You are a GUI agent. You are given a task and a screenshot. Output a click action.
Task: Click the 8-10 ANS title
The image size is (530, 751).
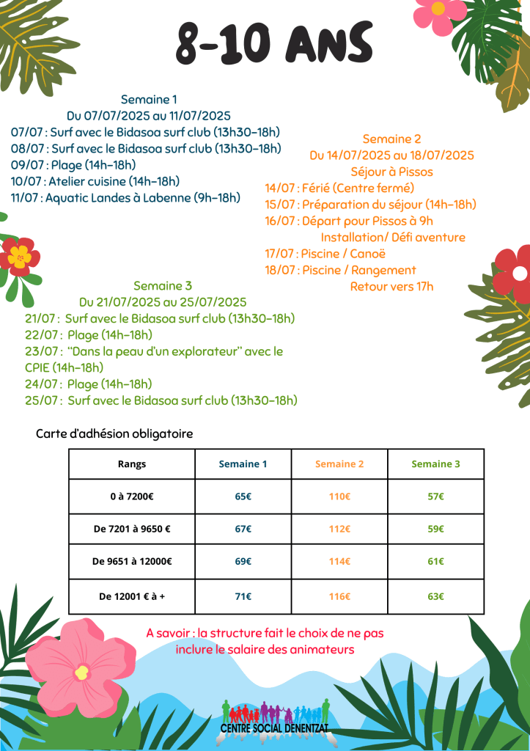pyautogui.click(x=273, y=43)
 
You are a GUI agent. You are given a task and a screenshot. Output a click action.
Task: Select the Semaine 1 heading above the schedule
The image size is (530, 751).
pyautogui.click(x=149, y=99)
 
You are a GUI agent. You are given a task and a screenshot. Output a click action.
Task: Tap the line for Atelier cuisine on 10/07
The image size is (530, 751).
pyautogui.click(x=95, y=181)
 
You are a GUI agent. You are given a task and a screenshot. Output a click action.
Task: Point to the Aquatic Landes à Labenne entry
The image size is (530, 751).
pyautogui.click(x=125, y=197)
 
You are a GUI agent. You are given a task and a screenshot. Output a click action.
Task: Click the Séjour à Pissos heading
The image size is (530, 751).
pyautogui.click(x=391, y=172)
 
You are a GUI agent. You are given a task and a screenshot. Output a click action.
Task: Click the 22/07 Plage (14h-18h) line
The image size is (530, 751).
pyautogui.click(x=89, y=335)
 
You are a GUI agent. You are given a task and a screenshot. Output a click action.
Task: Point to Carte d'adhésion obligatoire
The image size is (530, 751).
pyautogui.click(x=114, y=434)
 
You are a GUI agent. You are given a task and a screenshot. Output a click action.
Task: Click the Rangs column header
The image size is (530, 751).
pyautogui.click(x=132, y=464)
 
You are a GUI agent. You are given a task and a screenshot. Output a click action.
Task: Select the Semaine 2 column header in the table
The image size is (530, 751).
pyautogui.click(x=339, y=464)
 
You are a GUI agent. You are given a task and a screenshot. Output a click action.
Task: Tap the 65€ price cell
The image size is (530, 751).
pyautogui.click(x=243, y=497)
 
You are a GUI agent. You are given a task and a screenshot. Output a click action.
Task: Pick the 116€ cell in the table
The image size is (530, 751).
pyautogui.click(x=339, y=596)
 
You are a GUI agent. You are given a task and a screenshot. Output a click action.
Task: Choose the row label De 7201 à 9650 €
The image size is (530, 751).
pyautogui.click(x=132, y=529)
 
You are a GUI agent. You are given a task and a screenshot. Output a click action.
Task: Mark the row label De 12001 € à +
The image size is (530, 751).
pyautogui.click(x=132, y=596)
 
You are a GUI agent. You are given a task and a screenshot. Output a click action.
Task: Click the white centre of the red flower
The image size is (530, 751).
pyautogui.click(x=520, y=274)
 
